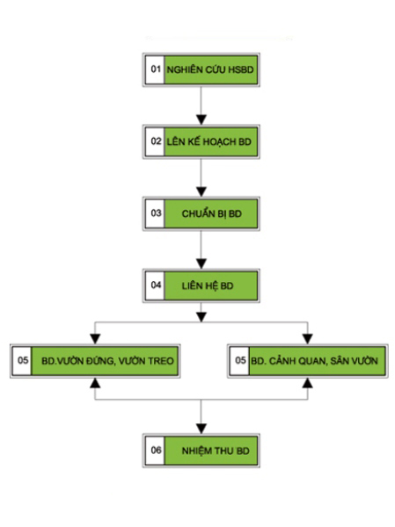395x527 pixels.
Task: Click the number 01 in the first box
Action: click(x=156, y=69)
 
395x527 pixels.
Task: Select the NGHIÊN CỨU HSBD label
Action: click(x=210, y=69)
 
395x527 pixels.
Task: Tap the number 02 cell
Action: click(x=156, y=141)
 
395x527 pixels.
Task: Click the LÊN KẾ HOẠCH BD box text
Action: click(x=209, y=141)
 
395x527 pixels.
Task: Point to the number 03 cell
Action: click(x=156, y=213)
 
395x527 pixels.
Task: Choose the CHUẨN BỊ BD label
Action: click(x=212, y=213)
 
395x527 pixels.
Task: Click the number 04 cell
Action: click(x=156, y=285)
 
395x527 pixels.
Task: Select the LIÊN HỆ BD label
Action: click(x=208, y=285)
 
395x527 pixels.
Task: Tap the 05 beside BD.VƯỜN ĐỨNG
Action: click(x=23, y=360)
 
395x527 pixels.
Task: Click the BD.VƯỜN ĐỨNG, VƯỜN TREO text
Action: click(x=107, y=361)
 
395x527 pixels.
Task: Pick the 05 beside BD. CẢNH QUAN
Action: click(x=240, y=360)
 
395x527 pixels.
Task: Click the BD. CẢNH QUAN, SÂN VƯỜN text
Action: click(x=315, y=361)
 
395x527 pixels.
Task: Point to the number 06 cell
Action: click(x=156, y=450)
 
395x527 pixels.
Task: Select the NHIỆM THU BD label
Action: click(x=216, y=451)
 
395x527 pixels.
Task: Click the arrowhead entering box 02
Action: click(x=201, y=119)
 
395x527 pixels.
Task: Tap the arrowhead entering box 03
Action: click(x=201, y=191)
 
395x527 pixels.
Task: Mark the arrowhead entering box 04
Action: click(x=201, y=263)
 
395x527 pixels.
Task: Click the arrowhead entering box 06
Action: click(x=201, y=429)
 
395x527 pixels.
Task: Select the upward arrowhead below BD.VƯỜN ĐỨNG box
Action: click(x=95, y=383)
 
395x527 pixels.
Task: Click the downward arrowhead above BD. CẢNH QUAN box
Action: click(x=307, y=339)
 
